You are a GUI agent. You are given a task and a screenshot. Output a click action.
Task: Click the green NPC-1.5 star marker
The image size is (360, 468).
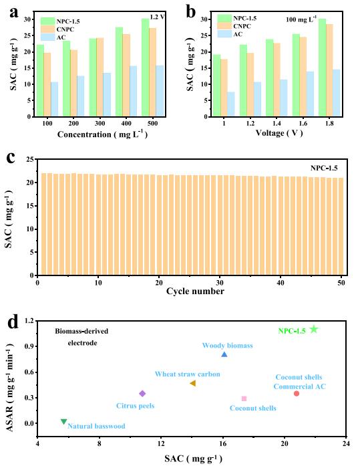[x=314, y=329]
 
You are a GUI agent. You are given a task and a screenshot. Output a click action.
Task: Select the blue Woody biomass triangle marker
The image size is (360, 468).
[x=224, y=354]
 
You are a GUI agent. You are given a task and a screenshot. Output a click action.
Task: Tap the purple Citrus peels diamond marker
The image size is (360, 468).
[x=142, y=393]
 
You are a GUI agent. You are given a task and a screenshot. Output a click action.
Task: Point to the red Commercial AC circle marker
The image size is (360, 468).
[x=296, y=393]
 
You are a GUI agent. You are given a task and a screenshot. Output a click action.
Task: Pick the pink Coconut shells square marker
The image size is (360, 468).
[x=244, y=398]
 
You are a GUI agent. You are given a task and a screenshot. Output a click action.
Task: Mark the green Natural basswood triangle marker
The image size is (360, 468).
[x=63, y=421]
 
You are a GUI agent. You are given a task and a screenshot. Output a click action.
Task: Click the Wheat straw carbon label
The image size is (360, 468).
[x=187, y=374]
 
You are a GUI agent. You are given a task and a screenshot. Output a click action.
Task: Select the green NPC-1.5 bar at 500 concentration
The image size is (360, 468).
[x=145, y=67]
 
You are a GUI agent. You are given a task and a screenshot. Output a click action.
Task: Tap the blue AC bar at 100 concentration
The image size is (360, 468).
[x=54, y=99]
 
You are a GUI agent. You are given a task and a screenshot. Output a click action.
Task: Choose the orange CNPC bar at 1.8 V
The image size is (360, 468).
[x=329, y=70]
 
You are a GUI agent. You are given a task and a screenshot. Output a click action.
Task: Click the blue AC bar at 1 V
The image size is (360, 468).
[x=231, y=104]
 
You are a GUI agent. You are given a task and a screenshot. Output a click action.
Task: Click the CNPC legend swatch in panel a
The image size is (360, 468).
[x=47, y=29]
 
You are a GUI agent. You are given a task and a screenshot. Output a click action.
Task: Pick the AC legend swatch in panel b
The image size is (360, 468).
[x=224, y=33]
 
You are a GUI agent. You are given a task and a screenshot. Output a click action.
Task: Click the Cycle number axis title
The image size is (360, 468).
[x=195, y=291]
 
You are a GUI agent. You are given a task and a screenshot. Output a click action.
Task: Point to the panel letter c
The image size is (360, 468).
[x=11, y=157]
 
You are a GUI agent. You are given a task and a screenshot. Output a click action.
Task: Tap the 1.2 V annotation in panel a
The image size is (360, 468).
[x=157, y=17]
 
